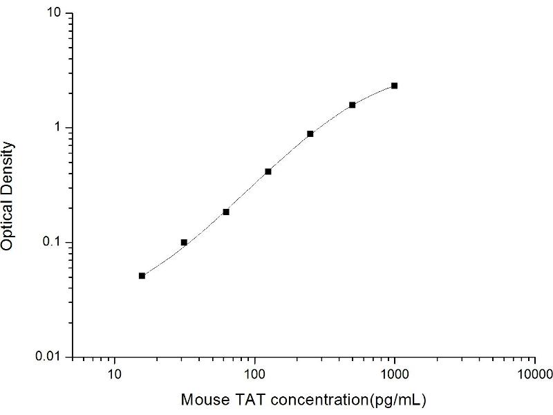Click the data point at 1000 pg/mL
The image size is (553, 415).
pos(394,86)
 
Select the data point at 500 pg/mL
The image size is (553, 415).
pos(352,105)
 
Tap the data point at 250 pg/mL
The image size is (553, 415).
pos(310,133)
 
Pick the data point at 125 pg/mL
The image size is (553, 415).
pos(268,172)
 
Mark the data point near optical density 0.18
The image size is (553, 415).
pos(226,212)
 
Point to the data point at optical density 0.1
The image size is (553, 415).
pos(184,242)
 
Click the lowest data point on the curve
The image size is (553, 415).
pos(142,275)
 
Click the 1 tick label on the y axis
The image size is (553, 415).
pos(60,128)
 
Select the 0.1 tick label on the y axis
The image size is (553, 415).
pos(54,242)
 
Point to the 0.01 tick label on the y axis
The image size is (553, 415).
pos(51,356)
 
